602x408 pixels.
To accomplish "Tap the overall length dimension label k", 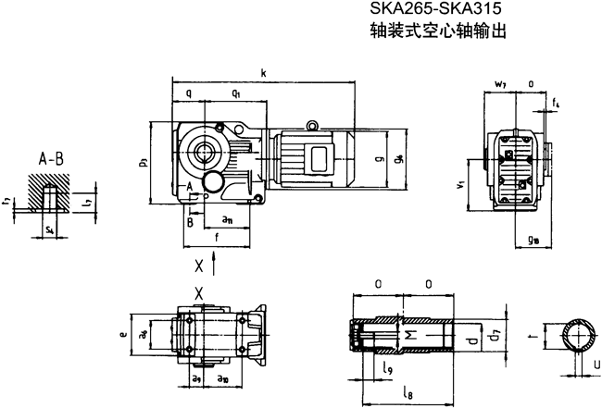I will pos(264,72).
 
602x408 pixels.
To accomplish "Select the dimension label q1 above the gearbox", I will pos(238,93).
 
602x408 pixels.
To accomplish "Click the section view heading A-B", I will pos(51,158).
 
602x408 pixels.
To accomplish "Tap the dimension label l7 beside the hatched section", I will pos(86,200).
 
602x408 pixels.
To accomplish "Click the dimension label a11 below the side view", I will pos(228,219).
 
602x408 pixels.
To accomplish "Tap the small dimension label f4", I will pos(556,102).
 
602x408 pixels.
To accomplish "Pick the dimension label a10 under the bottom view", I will pos(222,380).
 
